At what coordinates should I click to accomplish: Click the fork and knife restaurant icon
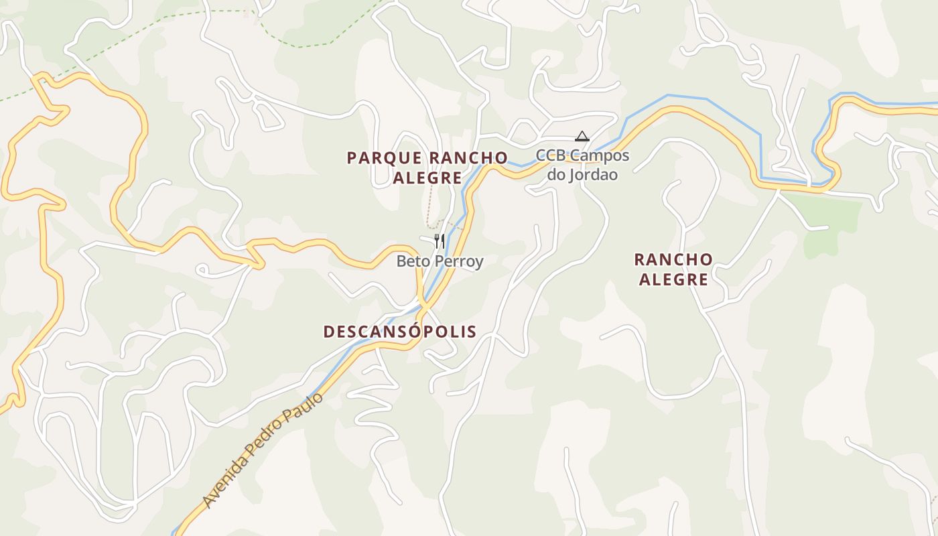click(440, 241)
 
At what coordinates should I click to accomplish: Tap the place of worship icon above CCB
click(582, 137)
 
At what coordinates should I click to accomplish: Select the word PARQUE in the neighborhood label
click(385, 158)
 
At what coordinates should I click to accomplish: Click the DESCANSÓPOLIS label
click(400, 332)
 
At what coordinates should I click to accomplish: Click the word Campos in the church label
click(602, 156)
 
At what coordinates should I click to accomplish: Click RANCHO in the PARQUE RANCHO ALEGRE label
click(468, 158)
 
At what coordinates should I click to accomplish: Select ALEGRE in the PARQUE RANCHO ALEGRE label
click(427, 178)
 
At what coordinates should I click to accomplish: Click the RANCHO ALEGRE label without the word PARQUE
click(673, 269)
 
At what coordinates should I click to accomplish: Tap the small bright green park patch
click(831, 221)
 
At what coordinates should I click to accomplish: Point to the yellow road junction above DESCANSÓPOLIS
click(423, 307)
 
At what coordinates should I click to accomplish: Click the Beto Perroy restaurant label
click(440, 261)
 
